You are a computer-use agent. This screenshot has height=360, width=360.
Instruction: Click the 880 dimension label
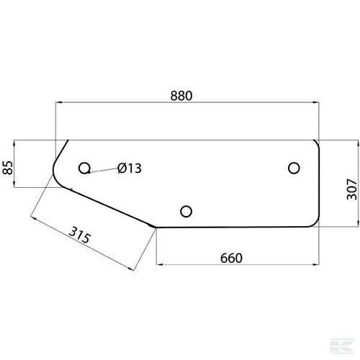(x=181, y=96)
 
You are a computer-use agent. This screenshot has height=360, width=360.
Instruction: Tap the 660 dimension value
(x=231, y=258)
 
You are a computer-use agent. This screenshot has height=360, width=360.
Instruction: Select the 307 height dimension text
(x=352, y=189)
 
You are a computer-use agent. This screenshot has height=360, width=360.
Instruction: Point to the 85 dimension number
(x=7, y=167)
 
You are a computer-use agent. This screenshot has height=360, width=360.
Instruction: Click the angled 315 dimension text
(x=80, y=235)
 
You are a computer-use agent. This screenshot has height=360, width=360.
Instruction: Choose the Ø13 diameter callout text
(x=130, y=168)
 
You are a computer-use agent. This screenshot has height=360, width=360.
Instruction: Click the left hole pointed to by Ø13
(x=84, y=168)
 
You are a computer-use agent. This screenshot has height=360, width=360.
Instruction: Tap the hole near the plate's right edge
(x=294, y=168)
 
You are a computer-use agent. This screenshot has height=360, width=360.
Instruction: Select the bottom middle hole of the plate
(x=186, y=211)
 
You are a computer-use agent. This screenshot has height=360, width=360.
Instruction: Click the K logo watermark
(x=342, y=346)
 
